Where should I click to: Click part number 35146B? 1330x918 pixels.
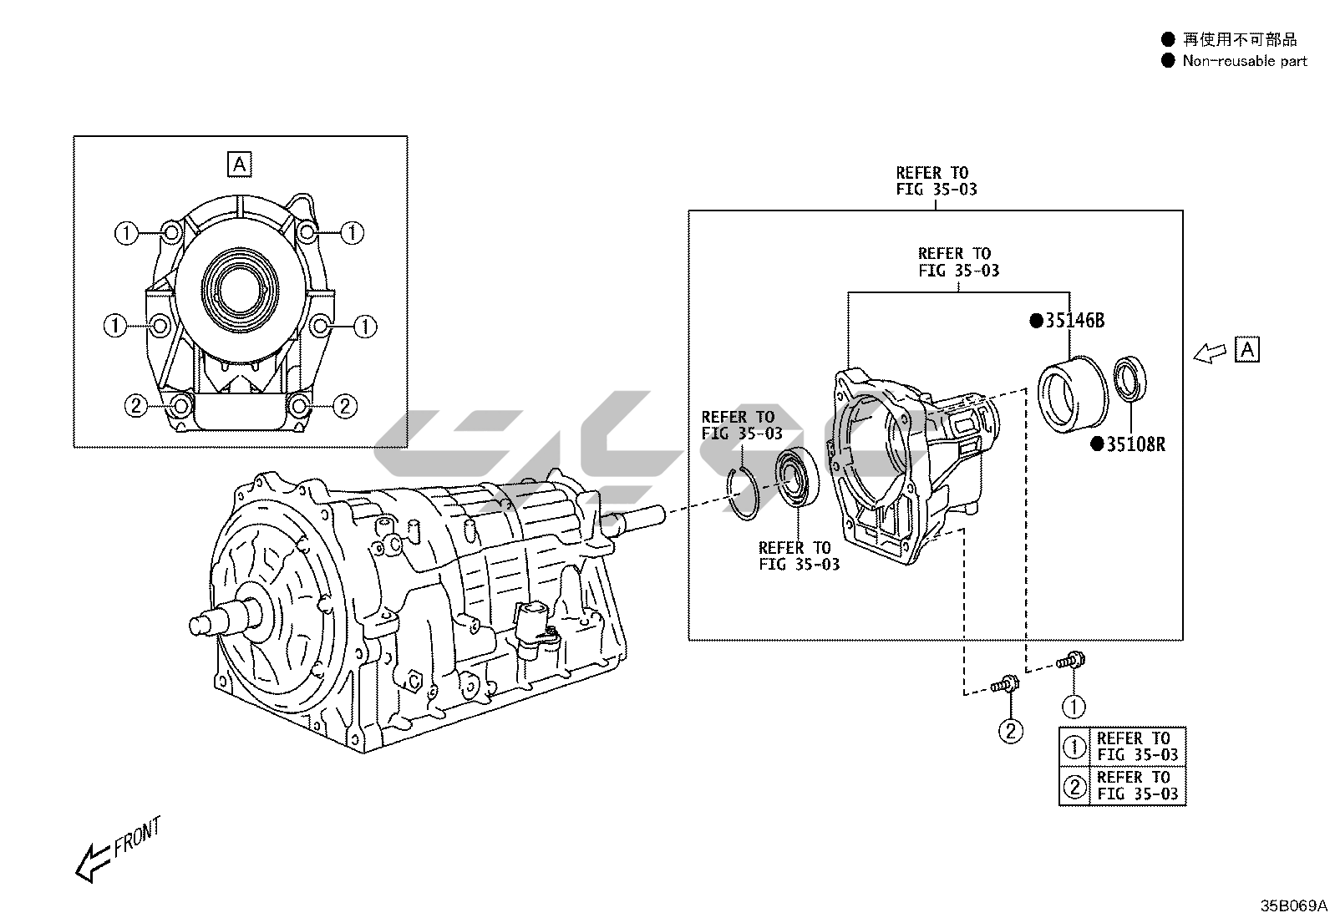click(x=1074, y=320)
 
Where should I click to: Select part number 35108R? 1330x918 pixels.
click(x=1135, y=444)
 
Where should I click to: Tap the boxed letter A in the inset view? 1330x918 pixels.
click(x=240, y=165)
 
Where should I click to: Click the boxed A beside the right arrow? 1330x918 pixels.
click(x=1246, y=349)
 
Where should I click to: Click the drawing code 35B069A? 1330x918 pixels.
click(x=1293, y=905)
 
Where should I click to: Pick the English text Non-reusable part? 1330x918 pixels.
click(x=1244, y=61)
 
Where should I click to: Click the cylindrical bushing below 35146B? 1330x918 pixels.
click(x=1072, y=393)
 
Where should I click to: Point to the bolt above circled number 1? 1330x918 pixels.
click(x=1070, y=662)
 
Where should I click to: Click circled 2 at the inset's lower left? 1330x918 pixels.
click(x=136, y=406)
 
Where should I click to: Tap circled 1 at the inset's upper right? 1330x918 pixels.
click(x=352, y=233)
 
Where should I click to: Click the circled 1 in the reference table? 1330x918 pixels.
click(x=1074, y=746)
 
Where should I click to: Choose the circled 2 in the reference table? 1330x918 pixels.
click(x=1074, y=785)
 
